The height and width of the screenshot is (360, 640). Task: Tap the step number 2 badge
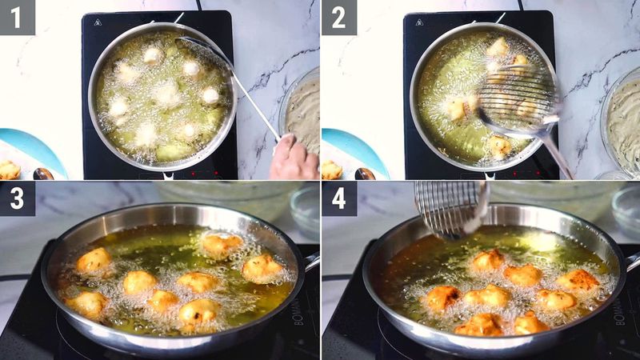[x=339, y=18]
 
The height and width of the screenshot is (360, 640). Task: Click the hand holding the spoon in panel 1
[x=293, y=159]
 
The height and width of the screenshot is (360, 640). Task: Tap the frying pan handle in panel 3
[x=311, y=261]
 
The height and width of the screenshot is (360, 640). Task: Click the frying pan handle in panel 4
[x=633, y=261]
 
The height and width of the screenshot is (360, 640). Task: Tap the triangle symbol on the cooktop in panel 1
[x=97, y=22]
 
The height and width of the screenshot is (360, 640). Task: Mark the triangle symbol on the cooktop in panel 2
[x=418, y=22]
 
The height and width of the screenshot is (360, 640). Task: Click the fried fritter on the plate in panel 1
[x=10, y=170]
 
